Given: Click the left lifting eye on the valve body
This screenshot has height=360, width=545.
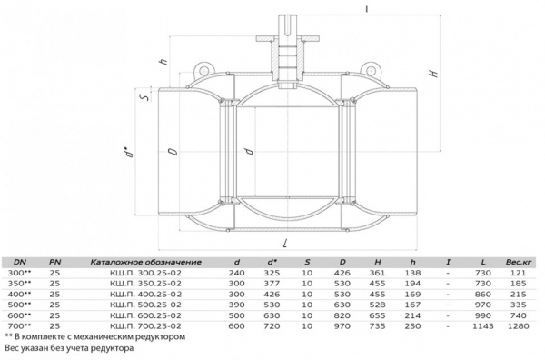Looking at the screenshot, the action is coord(202,69).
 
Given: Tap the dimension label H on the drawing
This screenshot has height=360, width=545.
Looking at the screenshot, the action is coord(433,74).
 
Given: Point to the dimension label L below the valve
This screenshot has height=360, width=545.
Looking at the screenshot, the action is coord(285,243).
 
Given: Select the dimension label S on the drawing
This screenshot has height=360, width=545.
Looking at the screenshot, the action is coord(146,96).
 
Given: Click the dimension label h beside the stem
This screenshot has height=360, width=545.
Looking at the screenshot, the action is coord(163,62).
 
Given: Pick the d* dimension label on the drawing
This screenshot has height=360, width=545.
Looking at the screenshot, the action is coord(130,152).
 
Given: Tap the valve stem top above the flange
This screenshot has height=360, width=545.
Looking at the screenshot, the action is coord(287,25).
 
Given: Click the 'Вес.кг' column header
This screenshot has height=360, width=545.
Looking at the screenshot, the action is coord(519,262).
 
